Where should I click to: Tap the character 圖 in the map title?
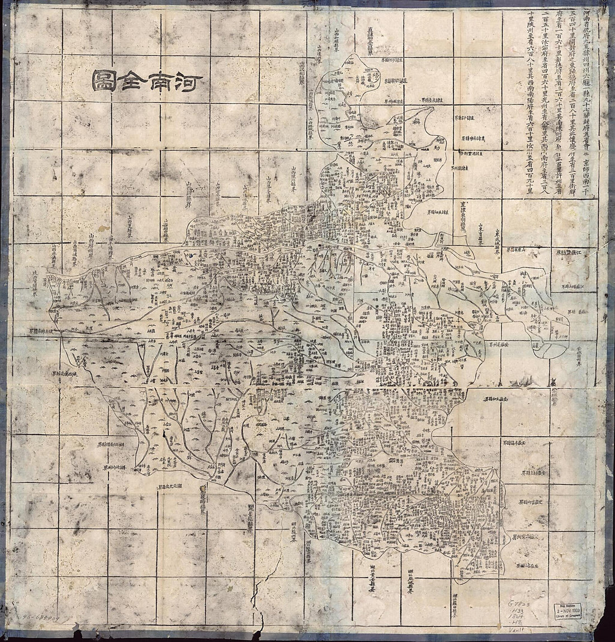[104, 82]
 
